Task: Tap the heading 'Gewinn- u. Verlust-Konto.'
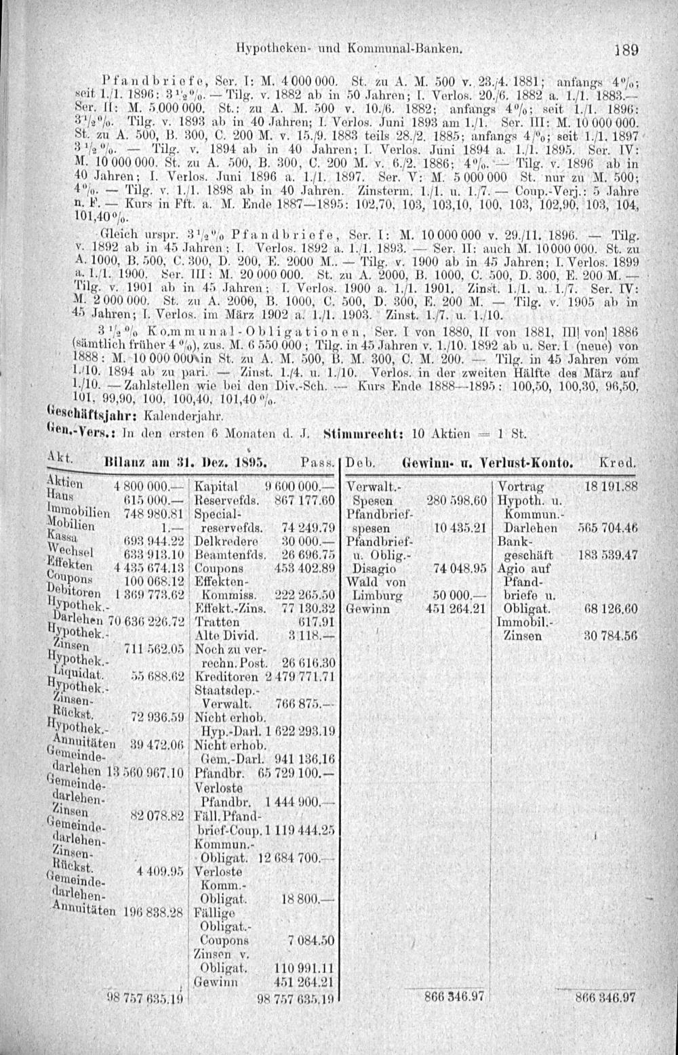coord(484,464)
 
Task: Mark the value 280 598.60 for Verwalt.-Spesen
coord(457,500)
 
